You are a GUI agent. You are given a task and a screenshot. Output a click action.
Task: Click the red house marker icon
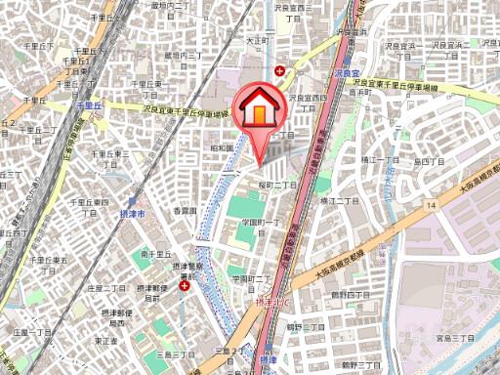258,107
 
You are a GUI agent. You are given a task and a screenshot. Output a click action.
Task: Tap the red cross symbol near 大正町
281,70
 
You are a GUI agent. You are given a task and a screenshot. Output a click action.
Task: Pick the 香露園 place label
185,210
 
